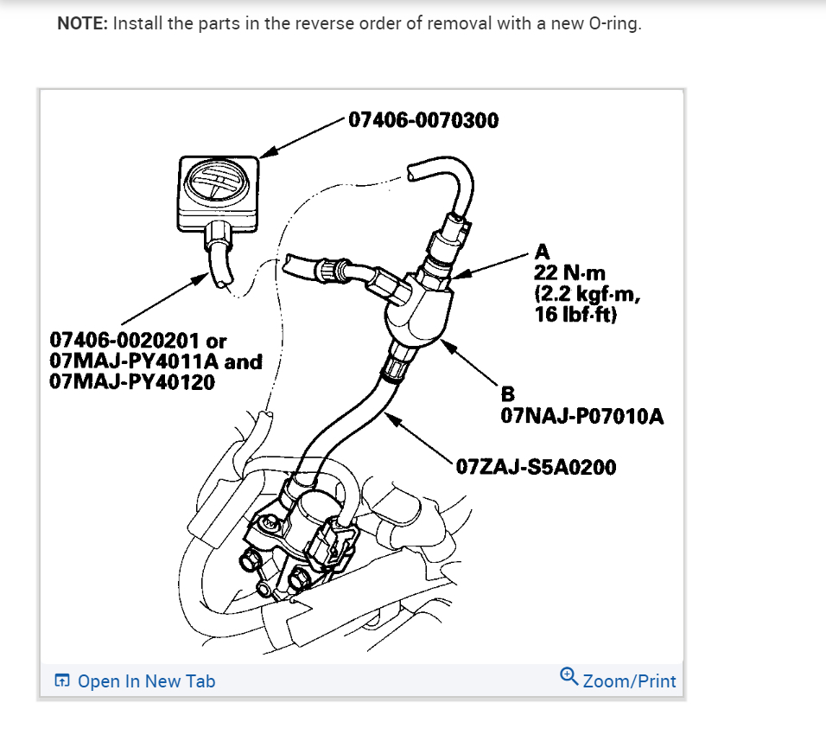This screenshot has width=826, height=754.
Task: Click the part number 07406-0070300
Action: coord(423,120)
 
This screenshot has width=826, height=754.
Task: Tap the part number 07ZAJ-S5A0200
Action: coord(536,468)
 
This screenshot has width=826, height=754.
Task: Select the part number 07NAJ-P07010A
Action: coord(582,417)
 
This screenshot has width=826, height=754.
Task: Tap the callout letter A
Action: coord(543,252)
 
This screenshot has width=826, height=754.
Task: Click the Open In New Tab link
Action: coord(146,681)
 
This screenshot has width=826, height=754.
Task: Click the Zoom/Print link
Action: coord(629,681)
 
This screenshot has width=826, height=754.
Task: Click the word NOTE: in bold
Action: coord(83,23)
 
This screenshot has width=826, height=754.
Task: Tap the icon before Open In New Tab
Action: coord(61,681)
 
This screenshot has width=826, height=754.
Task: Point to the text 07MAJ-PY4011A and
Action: coord(156,361)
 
